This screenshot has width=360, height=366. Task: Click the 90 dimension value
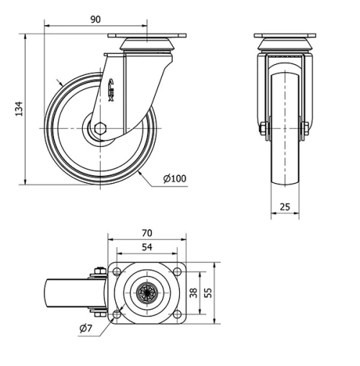point(95,19)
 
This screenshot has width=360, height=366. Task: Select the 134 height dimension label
point(19,108)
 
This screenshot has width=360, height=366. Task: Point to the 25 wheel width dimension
point(285,207)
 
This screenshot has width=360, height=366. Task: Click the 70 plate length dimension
point(146,233)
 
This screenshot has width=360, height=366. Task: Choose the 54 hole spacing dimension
point(146,247)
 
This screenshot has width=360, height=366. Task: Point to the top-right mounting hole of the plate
point(176,271)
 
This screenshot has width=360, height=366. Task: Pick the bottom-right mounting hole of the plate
point(176,313)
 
